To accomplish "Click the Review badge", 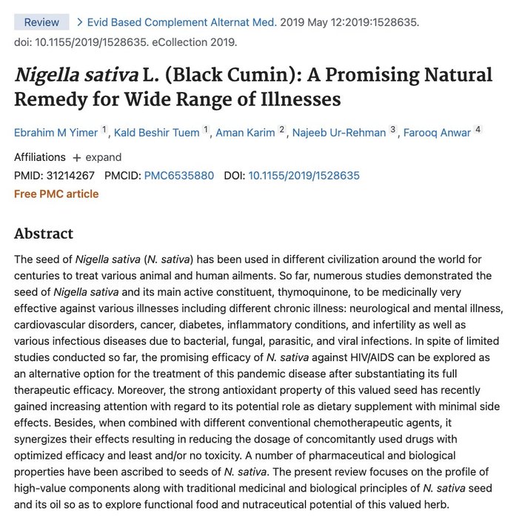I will pyautogui.click(x=41, y=22).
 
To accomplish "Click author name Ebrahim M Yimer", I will pyautogui.click(x=56, y=133).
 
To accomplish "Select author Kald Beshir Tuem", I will pyautogui.click(x=157, y=133).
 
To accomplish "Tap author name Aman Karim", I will pyautogui.click(x=245, y=133).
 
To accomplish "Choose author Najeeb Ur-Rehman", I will pyautogui.click(x=339, y=133).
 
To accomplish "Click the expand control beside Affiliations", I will pyautogui.click(x=97, y=157).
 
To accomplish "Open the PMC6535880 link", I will pyautogui.click(x=179, y=176).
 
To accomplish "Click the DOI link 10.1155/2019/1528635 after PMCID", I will pyautogui.click(x=304, y=176).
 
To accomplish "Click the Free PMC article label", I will pyautogui.click(x=56, y=194).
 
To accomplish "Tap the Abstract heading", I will pyautogui.click(x=44, y=234).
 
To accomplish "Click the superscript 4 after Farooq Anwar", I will pyautogui.click(x=478, y=130).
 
